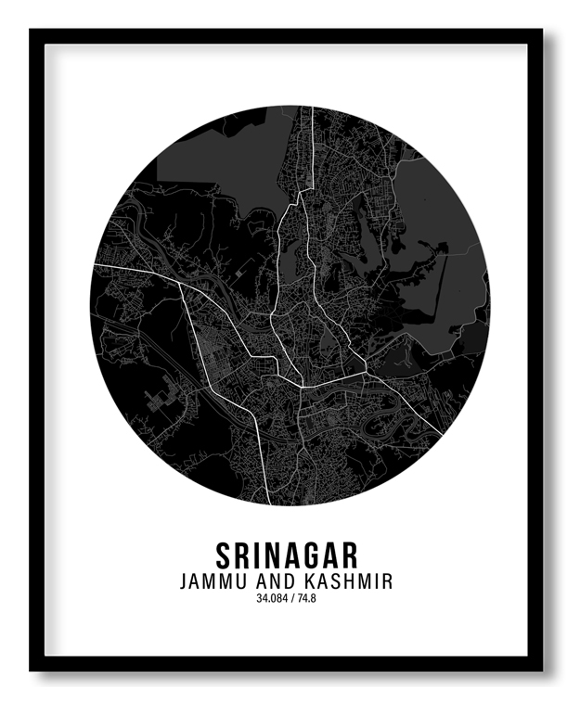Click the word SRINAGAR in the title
[x=287, y=554]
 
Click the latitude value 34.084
[x=273, y=599]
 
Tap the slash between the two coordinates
[x=295, y=599]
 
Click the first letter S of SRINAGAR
[x=225, y=554]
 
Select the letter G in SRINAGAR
[x=308, y=554]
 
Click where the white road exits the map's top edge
[x=313, y=108]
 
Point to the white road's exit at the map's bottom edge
[x=270, y=502]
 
